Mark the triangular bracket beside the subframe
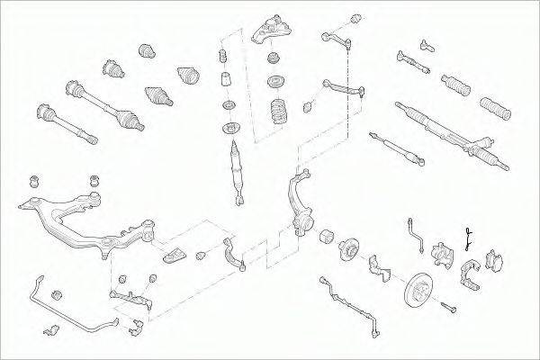point(176,253)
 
